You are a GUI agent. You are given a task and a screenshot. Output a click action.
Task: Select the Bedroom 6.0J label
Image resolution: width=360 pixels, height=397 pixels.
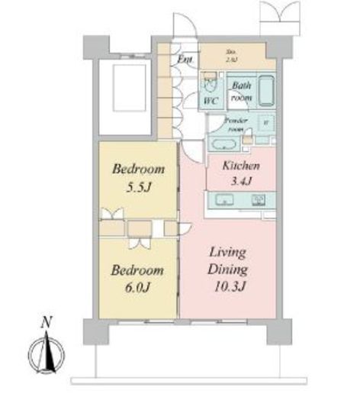coord(137,279)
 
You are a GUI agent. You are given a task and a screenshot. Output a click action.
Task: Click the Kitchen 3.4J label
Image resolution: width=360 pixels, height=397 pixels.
coord(241,173)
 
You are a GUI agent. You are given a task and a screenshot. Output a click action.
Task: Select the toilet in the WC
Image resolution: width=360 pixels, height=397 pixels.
coord(210,82)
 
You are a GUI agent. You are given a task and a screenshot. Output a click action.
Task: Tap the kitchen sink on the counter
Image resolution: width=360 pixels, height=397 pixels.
coord(227,201)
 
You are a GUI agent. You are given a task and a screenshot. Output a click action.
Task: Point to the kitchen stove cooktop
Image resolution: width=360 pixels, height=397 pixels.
coord(258,201)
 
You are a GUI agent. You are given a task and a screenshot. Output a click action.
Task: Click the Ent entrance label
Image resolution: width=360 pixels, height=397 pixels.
coord(185,59)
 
